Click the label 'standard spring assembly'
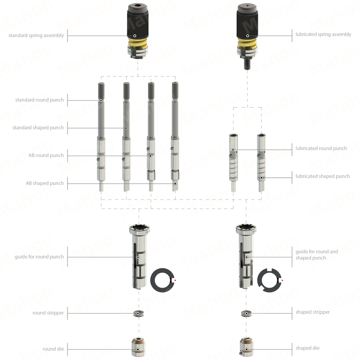pos(36,36)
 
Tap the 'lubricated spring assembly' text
pos(323,35)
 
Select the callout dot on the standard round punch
pos(101,100)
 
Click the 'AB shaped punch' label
pos(45,183)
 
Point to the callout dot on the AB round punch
pos(150,156)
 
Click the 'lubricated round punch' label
pos(321,148)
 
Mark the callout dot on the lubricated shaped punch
pos(261,178)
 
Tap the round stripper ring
pos(139,313)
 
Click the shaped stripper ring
pos(246,313)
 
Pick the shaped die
pos(246,347)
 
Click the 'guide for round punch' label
pos(39,256)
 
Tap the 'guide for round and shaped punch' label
pos(317,255)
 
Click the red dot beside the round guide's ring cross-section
pos(175,280)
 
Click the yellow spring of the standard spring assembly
pos(138,43)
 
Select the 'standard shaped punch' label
pos(38,128)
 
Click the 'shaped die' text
pos(307,348)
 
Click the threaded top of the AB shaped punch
pos(175,90)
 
